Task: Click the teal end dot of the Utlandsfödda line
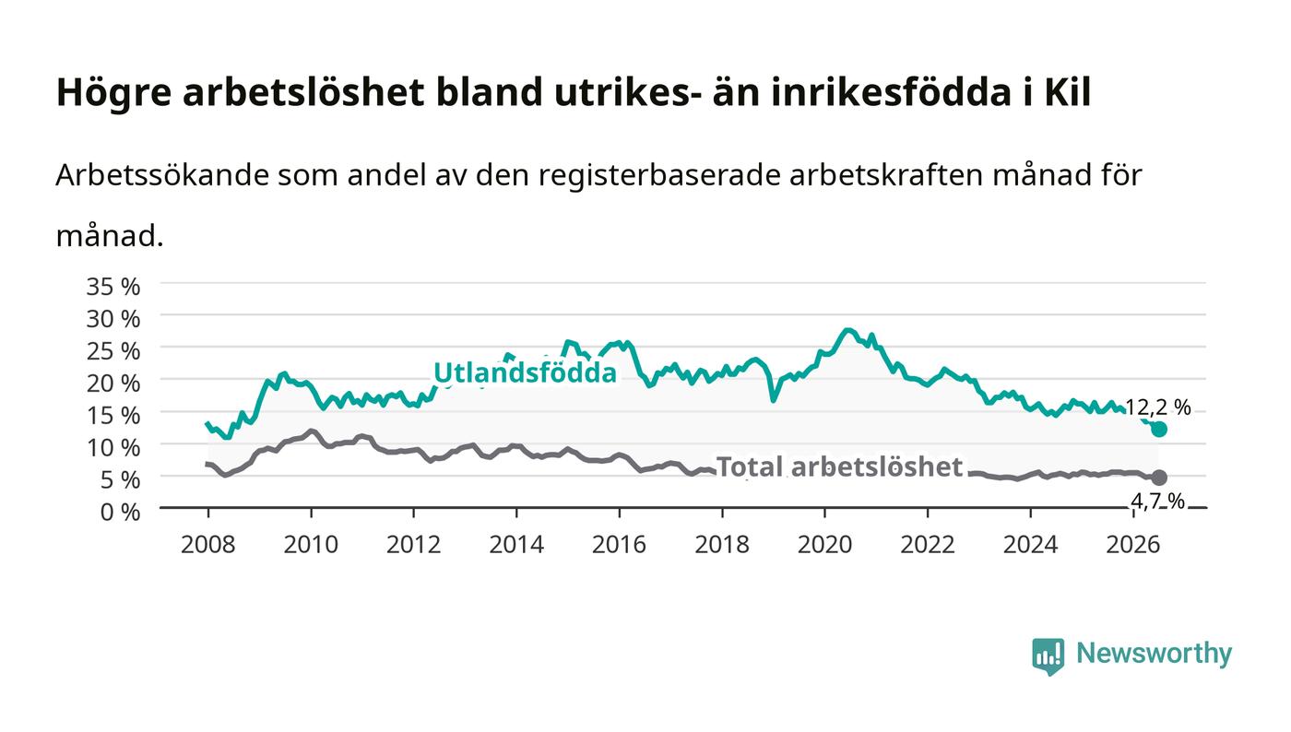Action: (x=1158, y=429)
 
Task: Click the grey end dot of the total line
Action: (x=1158, y=478)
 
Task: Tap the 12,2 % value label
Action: (x=1157, y=407)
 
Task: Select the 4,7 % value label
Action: (x=1157, y=502)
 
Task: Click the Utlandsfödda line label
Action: (x=525, y=372)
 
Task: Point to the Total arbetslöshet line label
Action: (x=839, y=466)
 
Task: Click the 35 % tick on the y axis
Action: (x=113, y=287)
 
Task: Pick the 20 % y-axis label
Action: (x=113, y=384)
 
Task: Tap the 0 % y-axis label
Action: (x=120, y=512)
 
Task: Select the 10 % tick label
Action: (x=113, y=448)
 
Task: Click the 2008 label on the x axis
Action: (x=208, y=545)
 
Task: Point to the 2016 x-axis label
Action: (x=619, y=545)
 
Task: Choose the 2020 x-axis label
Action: (x=824, y=545)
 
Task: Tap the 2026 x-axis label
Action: (x=1133, y=545)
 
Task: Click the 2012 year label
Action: (x=413, y=545)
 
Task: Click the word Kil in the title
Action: (x=1068, y=92)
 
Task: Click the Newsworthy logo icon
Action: (x=1048, y=656)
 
